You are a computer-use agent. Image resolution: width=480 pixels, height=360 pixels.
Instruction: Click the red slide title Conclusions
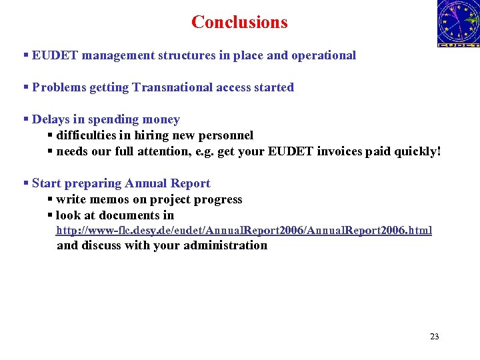click(x=239, y=22)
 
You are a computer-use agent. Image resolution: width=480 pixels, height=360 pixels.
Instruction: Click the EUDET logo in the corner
click(x=458, y=24)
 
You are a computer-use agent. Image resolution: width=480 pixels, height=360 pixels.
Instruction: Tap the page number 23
click(x=435, y=336)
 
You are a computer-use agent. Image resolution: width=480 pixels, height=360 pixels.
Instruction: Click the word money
click(x=160, y=119)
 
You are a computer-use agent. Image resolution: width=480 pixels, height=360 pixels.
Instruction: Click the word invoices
click(x=335, y=151)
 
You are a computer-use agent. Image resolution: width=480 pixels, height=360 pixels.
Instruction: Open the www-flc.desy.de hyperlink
click(x=243, y=231)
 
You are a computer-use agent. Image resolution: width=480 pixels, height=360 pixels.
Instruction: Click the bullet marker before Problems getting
click(x=26, y=87)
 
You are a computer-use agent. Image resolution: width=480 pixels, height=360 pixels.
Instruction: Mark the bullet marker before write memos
click(x=51, y=199)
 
